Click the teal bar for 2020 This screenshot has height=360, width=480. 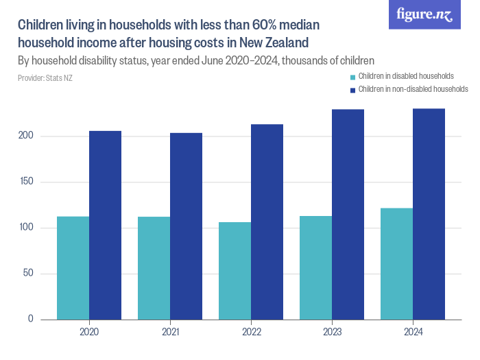point(73,268)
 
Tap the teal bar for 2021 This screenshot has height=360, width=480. point(154,268)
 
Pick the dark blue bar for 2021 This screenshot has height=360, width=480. point(187,226)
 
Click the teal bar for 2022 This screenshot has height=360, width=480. point(235,271)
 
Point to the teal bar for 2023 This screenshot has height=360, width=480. point(316,267)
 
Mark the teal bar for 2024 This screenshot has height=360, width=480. point(397,264)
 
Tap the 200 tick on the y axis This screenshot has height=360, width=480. point(27,136)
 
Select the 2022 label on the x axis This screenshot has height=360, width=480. point(251,332)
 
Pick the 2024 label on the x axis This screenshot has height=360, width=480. point(413,332)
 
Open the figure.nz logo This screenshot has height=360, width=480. point(424,15)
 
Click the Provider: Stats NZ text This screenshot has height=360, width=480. point(45,78)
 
